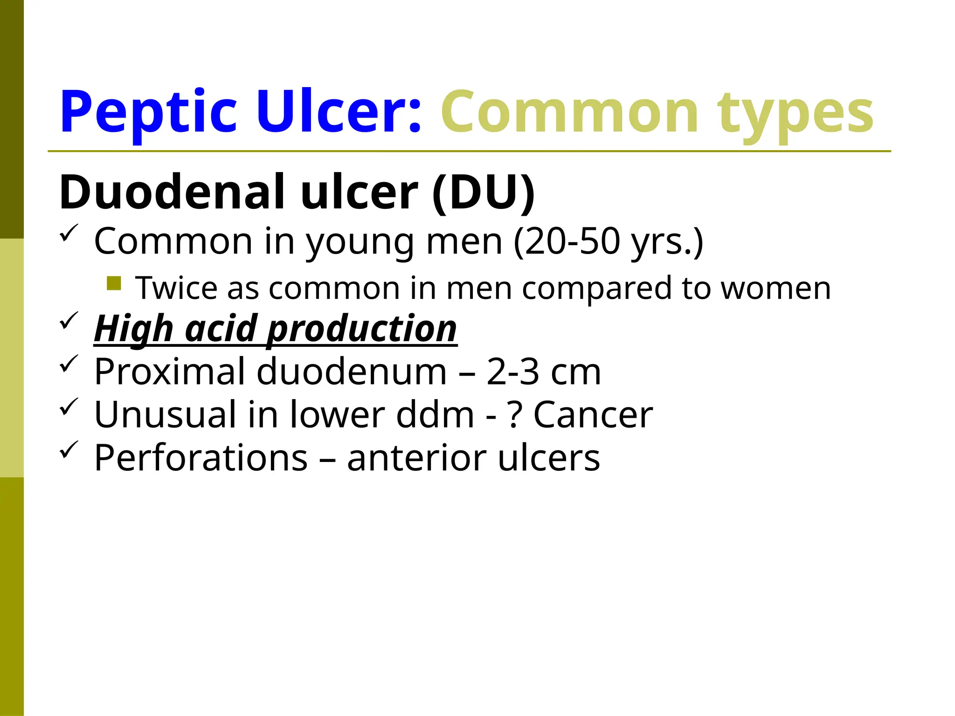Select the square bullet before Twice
tap(114, 283)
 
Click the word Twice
tap(176, 288)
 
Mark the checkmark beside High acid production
tap(69, 320)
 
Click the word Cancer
tap(593, 415)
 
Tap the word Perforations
tap(201, 458)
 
